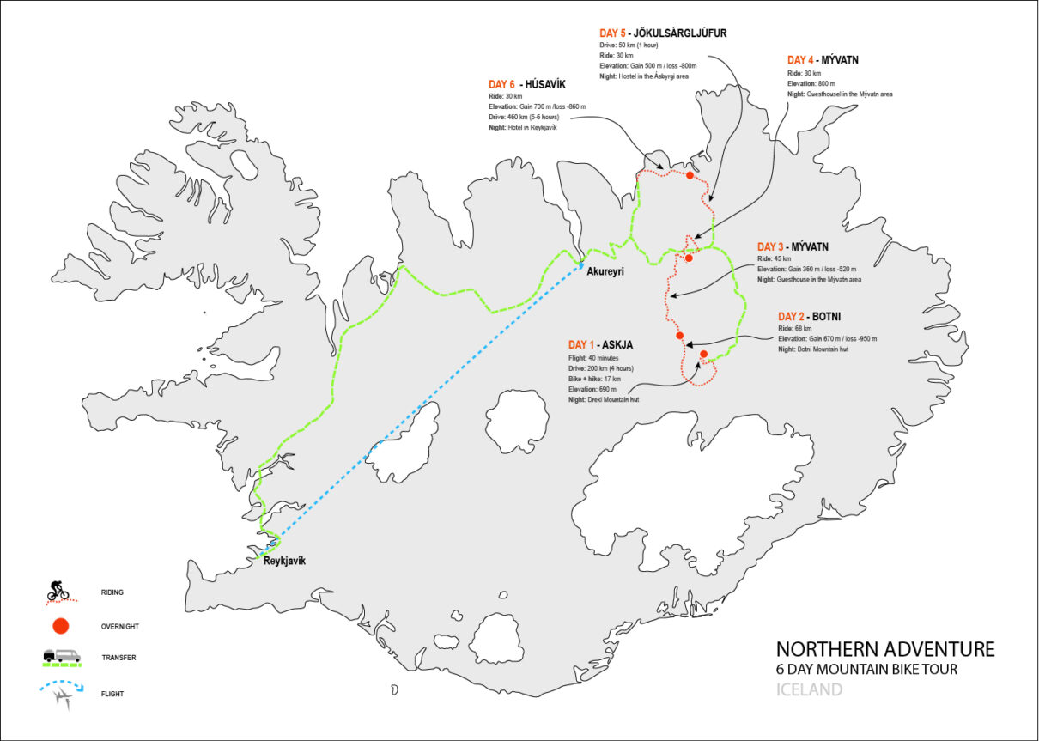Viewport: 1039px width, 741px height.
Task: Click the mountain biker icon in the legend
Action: coord(58,590)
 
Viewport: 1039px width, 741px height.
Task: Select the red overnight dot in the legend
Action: coord(58,626)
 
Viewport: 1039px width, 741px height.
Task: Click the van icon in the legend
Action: coord(63,656)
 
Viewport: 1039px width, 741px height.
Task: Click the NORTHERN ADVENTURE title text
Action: coord(885,649)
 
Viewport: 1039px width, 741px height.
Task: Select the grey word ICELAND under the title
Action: coord(809,689)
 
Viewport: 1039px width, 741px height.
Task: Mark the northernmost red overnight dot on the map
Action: coord(690,175)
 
